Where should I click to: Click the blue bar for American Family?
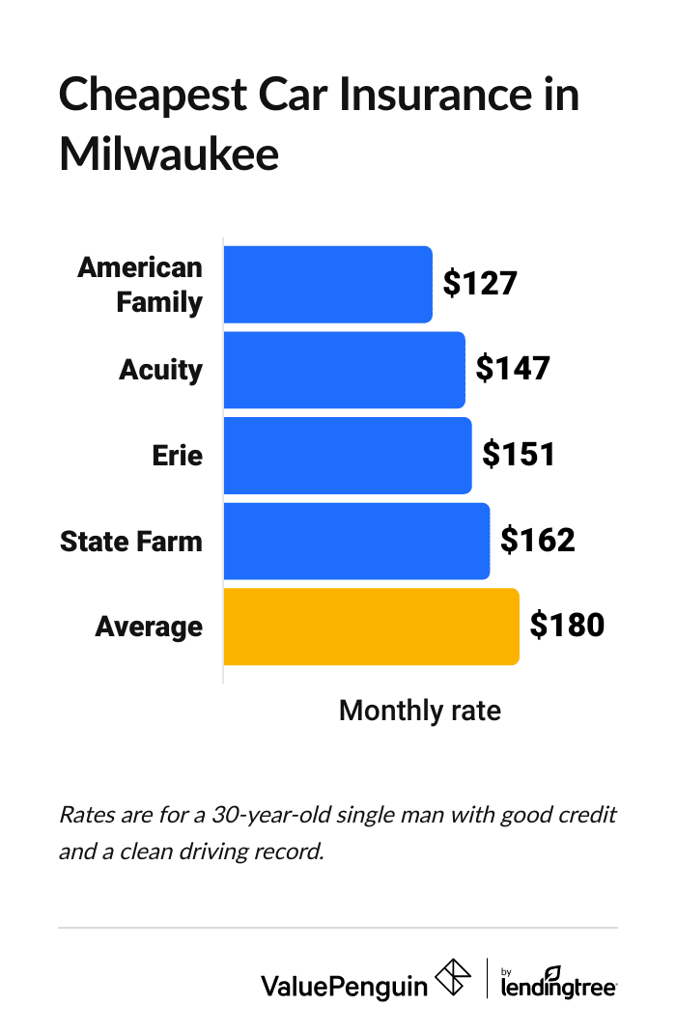click(x=327, y=285)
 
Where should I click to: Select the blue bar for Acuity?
click(x=344, y=370)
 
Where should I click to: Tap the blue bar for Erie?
click(x=348, y=455)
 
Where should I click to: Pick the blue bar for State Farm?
click(x=356, y=541)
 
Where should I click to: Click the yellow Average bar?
click(x=371, y=627)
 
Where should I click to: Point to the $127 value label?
click(x=480, y=283)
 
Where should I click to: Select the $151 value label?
click(x=519, y=454)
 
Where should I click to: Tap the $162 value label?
click(x=537, y=540)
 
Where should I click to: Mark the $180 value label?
click(x=567, y=625)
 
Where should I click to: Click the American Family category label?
click(x=141, y=285)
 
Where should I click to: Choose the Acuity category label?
click(x=160, y=370)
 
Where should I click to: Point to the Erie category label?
click(x=178, y=455)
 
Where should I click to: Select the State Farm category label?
click(x=131, y=541)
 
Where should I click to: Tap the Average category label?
click(x=149, y=627)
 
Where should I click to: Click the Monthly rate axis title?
click(x=420, y=712)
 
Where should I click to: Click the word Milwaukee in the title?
click(x=169, y=154)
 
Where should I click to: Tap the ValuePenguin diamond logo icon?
click(x=453, y=977)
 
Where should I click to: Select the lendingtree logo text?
click(x=559, y=985)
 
